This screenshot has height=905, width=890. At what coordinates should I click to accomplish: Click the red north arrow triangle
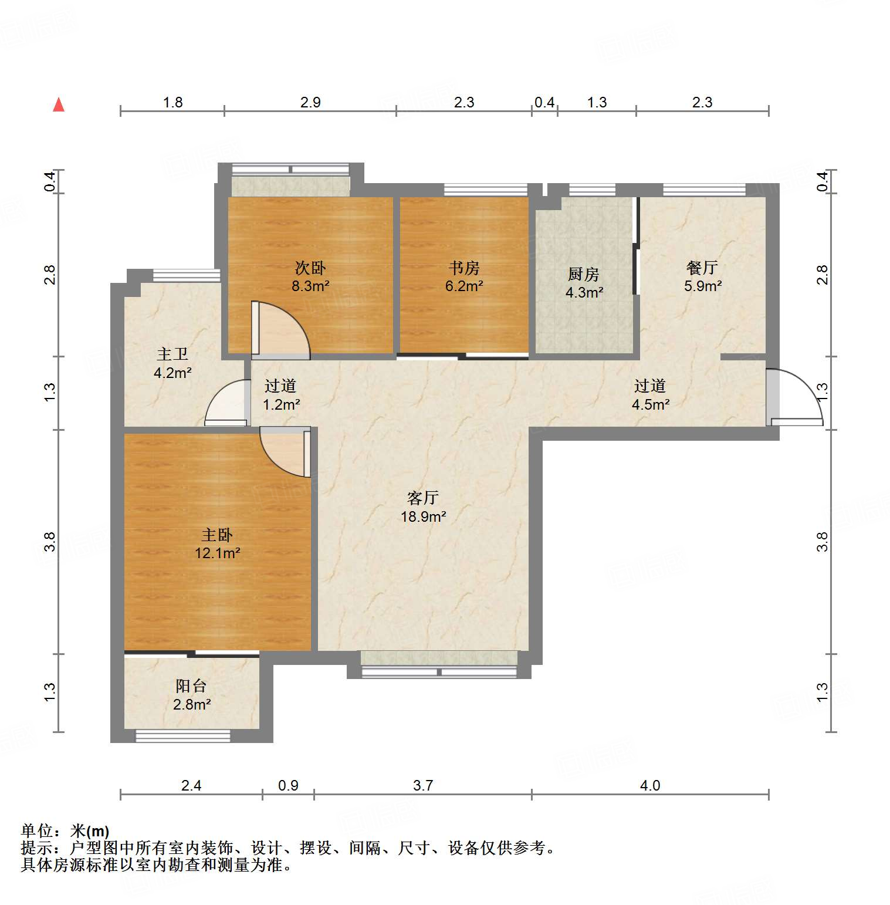(x=59, y=105)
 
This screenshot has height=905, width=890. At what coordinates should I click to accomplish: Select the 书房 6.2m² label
(x=464, y=277)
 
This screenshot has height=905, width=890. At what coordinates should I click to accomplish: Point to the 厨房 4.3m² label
(x=584, y=283)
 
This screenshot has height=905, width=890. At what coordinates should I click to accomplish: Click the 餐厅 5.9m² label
(x=702, y=277)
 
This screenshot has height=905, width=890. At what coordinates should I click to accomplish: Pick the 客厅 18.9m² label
(x=423, y=507)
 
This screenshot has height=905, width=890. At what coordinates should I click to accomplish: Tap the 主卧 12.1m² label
(x=218, y=543)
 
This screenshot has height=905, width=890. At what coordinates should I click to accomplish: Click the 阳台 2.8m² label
(x=191, y=694)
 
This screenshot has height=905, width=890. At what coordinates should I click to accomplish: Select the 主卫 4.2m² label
(x=172, y=363)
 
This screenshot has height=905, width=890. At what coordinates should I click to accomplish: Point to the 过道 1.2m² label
(x=280, y=394)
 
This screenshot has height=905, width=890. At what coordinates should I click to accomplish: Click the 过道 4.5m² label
(x=650, y=394)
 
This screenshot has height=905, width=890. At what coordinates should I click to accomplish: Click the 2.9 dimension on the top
(x=310, y=103)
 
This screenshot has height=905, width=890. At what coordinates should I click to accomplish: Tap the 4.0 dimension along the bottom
(x=650, y=785)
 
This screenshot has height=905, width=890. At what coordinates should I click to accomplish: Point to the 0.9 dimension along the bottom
(x=288, y=785)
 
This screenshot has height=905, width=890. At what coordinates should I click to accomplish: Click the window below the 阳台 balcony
(x=182, y=735)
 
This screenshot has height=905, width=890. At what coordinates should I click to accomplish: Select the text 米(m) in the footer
(x=90, y=831)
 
